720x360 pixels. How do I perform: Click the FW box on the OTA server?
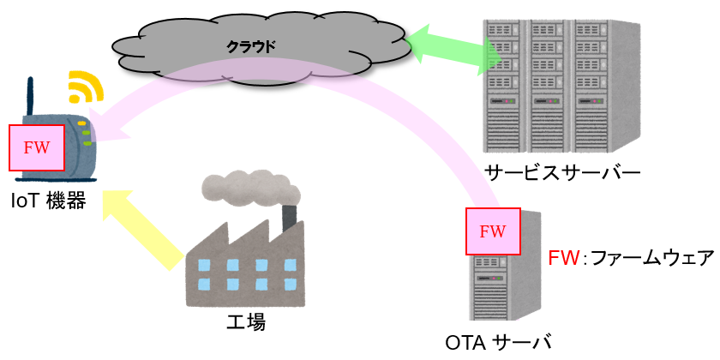coord(493,231)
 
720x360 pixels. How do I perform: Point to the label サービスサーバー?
coord(561,171)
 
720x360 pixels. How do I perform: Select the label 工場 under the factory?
coord(245,322)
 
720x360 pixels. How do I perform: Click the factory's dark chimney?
coord(291,217)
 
